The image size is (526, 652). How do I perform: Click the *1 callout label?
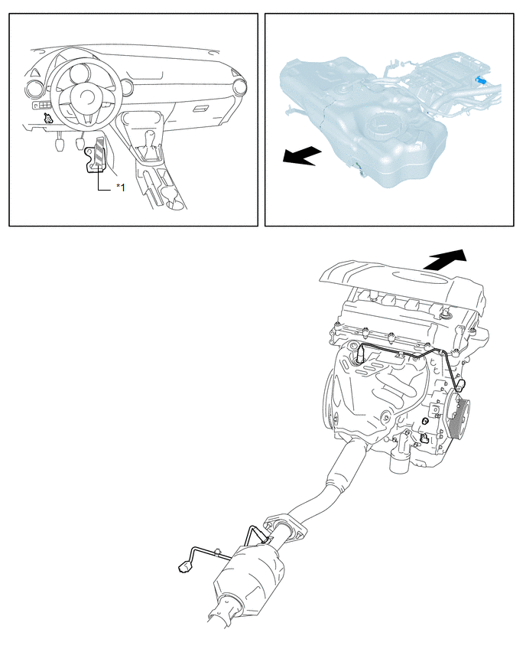point(121,187)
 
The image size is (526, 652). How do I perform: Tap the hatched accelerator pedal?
point(99,154)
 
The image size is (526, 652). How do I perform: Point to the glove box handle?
point(202,109)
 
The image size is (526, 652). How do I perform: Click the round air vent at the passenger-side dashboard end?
point(240,87)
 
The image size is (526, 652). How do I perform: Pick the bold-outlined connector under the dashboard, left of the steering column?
point(49,119)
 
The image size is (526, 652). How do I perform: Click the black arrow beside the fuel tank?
point(302,155)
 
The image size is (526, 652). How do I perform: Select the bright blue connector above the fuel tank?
point(481,80)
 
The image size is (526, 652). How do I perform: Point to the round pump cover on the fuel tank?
point(380,125)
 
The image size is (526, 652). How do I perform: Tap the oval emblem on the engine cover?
point(411,276)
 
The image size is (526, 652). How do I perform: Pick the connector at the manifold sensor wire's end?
point(461,386)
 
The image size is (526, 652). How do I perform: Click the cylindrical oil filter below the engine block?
point(400,458)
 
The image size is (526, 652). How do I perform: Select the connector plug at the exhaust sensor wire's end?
point(183,566)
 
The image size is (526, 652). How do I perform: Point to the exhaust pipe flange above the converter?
point(285,530)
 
